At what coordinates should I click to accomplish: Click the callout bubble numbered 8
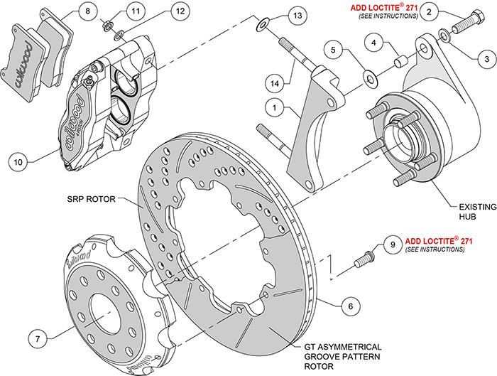85,11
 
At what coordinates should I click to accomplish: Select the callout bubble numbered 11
135,11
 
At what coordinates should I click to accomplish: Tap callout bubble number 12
180,11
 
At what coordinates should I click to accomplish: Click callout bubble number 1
273,108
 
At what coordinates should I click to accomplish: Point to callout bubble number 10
19,161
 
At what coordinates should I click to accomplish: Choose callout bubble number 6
346,307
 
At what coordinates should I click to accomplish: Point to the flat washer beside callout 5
371,75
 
